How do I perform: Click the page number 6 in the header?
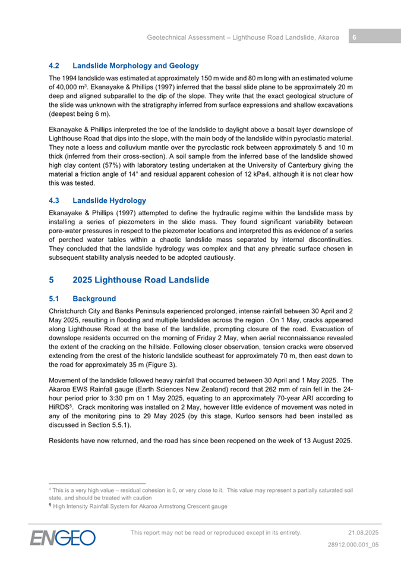click(x=354, y=37)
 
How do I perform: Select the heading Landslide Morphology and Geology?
click(x=135, y=66)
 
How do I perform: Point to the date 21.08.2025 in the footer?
click(x=364, y=532)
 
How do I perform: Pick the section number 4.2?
click(x=55, y=66)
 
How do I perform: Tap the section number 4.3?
click(x=55, y=200)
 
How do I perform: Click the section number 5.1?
click(x=55, y=299)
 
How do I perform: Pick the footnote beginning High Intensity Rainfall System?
click(x=140, y=507)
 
